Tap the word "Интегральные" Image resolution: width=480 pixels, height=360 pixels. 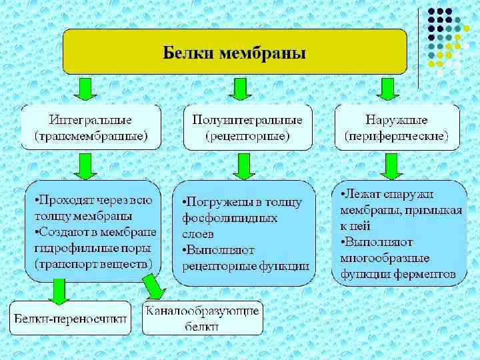pyautogui.click(x=91, y=119)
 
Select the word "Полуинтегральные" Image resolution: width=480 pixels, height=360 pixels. pyautogui.click(x=247, y=119)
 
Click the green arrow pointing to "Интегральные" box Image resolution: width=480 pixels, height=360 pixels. pyautogui.click(x=85, y=89)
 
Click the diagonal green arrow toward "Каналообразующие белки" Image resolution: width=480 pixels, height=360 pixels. pyautogui.click(x=155, y=287)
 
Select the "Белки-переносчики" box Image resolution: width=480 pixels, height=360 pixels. pyautogui.click(x=70, y=318)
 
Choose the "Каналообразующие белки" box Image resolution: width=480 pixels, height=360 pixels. pyautogui.click(x=203, y=318)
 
